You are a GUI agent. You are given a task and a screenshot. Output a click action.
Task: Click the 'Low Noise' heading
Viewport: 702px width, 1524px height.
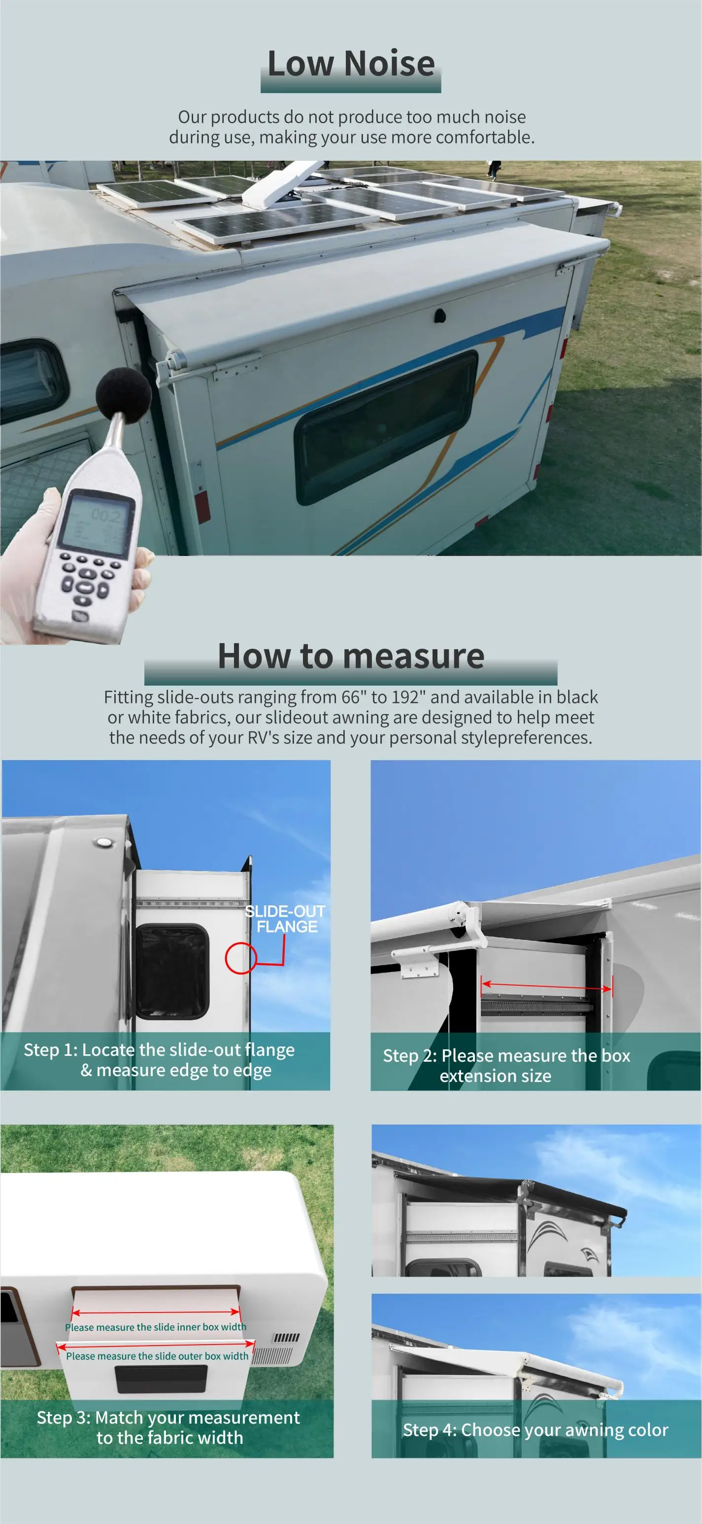(x=351, y=64)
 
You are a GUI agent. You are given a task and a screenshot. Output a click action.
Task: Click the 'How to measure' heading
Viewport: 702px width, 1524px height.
(x=351, y=656)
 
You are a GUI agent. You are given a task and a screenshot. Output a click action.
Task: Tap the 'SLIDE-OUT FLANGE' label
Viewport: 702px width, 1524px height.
(x=286, y=919)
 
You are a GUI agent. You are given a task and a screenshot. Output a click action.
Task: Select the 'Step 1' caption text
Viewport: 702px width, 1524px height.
(x=160, y=1060)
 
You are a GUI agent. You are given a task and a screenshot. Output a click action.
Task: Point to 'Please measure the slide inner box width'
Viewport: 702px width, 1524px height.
(x=156, y=1327)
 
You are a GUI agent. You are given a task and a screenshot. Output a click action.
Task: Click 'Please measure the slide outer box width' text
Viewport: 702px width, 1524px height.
(x=157, y=1355)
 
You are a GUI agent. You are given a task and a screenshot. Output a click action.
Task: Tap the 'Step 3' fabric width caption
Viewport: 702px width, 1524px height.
(x=168, y=1427)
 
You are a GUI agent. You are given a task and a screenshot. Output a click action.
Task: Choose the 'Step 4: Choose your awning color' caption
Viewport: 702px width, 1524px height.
(x=535, y=1429)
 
